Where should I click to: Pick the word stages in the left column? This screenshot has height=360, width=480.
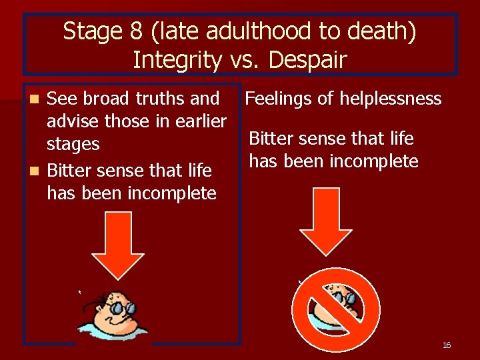73,145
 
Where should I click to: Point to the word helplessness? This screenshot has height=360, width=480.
391,99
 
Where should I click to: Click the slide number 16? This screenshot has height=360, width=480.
447,345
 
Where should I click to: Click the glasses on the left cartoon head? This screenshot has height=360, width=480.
122,307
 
